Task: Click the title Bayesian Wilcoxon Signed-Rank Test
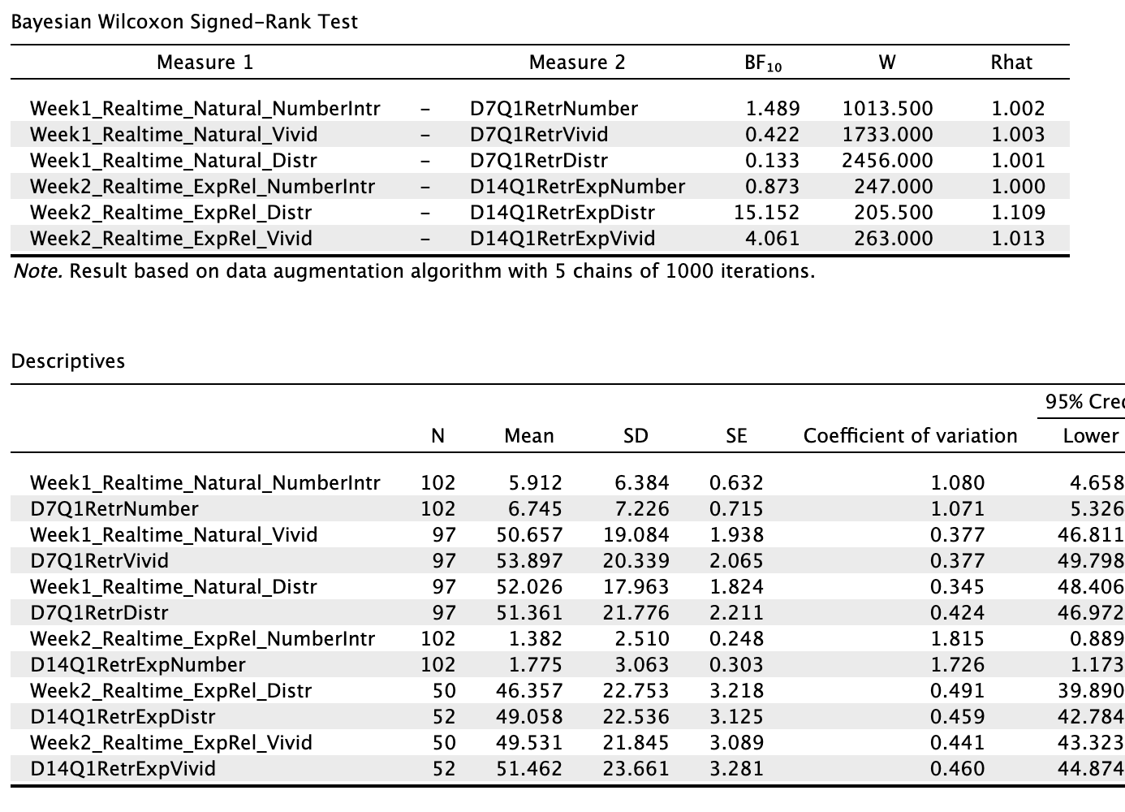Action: [x=184, y=22]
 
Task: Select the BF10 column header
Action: [x=763, y=63]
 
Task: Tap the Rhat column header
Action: [x=1011, y=63]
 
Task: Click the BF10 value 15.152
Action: [x=767, y=213]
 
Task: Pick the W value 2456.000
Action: [x=887, y=161]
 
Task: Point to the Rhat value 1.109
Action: [x=1018, y=213]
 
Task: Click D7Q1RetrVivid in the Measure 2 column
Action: [x=539, y=135]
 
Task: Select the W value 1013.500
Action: [x=887, y=109]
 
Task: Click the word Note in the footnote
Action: [x=37, y=271]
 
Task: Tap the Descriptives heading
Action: [x=68, y=361]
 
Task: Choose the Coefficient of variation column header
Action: [x=910, y=436]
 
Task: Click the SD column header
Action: [x=636, y=436]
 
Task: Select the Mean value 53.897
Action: [x=528, y=561]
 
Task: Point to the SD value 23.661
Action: [x=636, y=769]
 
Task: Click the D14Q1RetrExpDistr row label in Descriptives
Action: [x=123, y=717]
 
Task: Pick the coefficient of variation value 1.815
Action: [x=957, y=639]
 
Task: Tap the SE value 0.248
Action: [x=736, y=639]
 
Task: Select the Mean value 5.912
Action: [x=535, y=483]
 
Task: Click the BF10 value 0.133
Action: [x=772, y=161]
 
